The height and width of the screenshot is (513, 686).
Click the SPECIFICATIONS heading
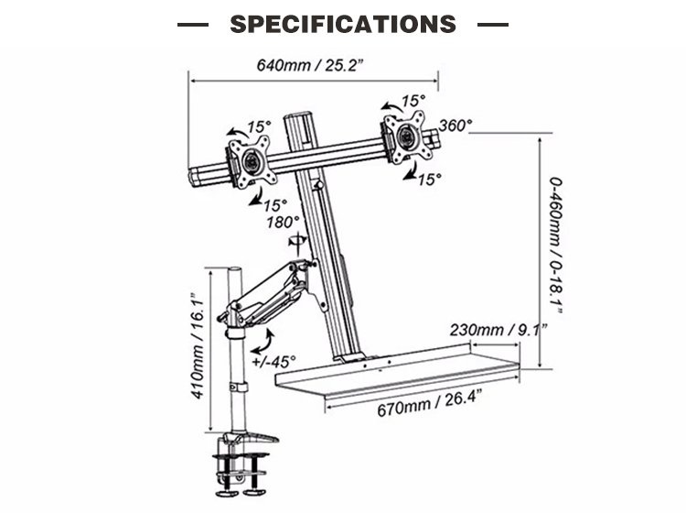pos(343,24)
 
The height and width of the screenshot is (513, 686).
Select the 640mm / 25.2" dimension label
pos(310,65)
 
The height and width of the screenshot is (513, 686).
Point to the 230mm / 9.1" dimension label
pos(498,330)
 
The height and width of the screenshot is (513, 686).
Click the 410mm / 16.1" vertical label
pos(198,346)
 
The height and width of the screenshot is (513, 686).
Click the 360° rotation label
pos(456,126)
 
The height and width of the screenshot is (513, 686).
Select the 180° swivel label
pos(283,223)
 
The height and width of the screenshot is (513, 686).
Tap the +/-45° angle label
pos(273,362)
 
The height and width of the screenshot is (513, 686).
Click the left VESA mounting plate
pos(252,161)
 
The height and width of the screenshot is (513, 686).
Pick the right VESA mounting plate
pos(404,137)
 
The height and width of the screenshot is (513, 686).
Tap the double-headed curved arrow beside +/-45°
pos(263,342)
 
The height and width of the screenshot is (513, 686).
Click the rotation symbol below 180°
pos(297,240)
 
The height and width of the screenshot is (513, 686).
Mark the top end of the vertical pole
pos(235,268)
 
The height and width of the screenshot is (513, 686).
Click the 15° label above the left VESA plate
pos(259,127)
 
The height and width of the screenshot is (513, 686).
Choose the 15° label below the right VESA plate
pos(429,180)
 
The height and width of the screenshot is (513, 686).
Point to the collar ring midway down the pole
pos(238,387)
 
